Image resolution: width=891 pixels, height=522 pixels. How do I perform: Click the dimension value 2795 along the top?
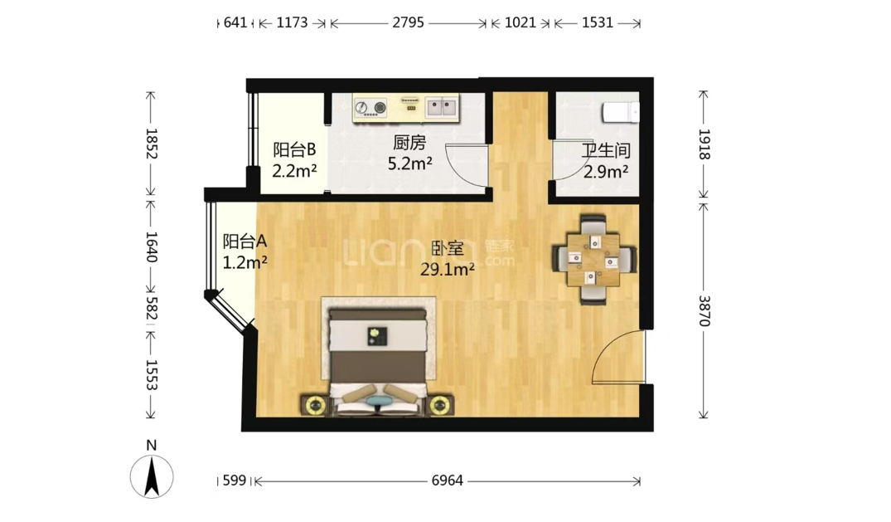(x=408, y=22)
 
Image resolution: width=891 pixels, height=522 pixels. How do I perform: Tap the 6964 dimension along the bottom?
(x=448, y=481)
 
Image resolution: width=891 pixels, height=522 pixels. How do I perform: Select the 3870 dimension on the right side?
(x=704, y=311)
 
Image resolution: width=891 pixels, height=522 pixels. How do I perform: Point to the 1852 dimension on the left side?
(x=151, y=144)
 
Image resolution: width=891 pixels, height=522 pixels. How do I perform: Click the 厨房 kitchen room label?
(x=409, y=142)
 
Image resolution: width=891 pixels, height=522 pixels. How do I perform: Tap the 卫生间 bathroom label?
(x=606, y=151)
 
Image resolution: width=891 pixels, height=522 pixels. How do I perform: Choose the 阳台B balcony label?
(x=293, y=150)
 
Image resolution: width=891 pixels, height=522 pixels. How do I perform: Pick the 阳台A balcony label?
(x=245, y=242)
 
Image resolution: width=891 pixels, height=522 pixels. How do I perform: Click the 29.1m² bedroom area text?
(x=448, y=269)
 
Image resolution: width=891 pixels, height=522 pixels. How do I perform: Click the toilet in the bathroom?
(x=621, y=112)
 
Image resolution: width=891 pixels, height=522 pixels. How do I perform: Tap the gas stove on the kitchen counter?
(x=370, y=107)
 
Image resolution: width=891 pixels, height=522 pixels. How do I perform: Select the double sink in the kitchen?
(x=442, y=106)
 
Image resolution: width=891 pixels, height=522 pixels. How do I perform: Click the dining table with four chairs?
(x=594, y=260)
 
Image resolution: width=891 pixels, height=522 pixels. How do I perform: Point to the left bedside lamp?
(x=314, y=406)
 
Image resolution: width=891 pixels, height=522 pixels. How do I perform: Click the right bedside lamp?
(x=439, y=406)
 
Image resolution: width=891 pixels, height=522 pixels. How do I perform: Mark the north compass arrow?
(x=151, y=477)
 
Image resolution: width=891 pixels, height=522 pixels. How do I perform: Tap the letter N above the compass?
(x=151, y=446)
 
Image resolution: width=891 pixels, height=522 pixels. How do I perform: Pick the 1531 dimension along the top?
(x=598, y=22)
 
